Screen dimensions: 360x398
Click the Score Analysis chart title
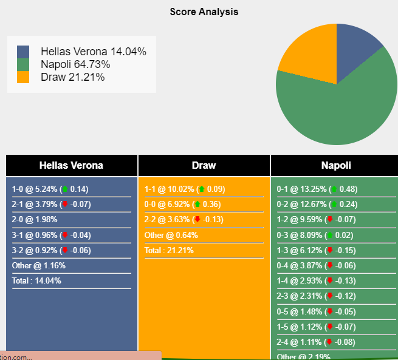[x=204, y=12]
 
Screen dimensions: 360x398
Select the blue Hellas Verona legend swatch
[x=23, y=52]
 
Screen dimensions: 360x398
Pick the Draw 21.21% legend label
[x=72, y=77]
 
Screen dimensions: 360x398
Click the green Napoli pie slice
[x=340, y=109]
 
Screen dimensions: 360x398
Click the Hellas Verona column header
[x=71, y=165]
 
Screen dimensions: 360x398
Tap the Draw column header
[x=204, y=165]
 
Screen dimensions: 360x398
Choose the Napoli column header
[x=336, y=165]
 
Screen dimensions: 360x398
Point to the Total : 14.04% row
[x=36, y=280]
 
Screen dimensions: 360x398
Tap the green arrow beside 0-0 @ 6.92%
[x=197, y=205]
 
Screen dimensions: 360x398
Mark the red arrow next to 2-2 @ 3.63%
[x=197, y=220]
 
